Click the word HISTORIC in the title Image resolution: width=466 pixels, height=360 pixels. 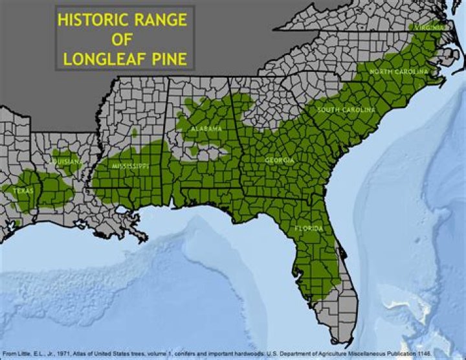(91, 19)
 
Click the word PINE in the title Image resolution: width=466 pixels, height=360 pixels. (170, 60)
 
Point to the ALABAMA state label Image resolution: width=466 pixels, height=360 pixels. (206, 129)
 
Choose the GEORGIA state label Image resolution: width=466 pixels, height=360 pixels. (280, 160)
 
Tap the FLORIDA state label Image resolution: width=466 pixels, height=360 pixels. (307, 229)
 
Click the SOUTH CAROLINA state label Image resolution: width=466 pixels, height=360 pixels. (346, 110)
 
